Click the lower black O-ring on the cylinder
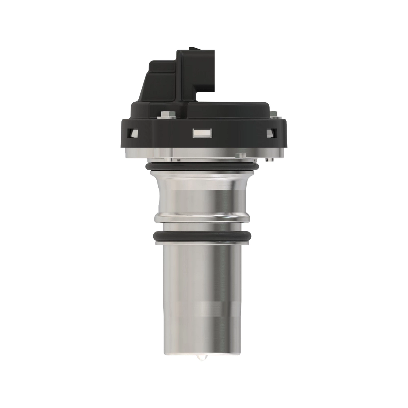pyautogui.click(x=203, y=235)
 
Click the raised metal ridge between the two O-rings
pyautogui.click(x=203, y=217)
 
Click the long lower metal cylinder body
pyautogui.click(x=203, y=289)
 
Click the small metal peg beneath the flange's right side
pyautogui.click(x=269, y=159)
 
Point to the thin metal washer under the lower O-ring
pyautogui.click(x=203, y=243)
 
